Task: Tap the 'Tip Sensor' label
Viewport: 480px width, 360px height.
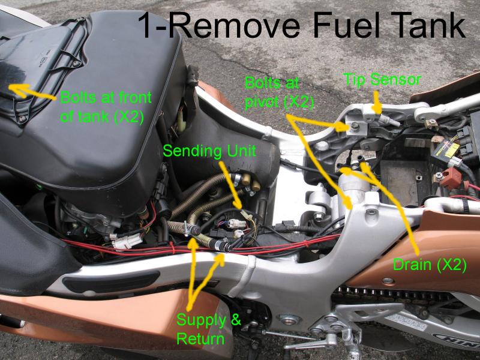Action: [x=382, y=80]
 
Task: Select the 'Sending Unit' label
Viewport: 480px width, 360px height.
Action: [x=209, y=151]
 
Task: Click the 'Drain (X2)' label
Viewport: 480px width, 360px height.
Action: [x=430, y=265]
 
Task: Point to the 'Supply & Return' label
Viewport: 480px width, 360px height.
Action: [x=209, y=329]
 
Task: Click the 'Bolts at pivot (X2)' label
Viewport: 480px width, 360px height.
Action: [x=279, y=93]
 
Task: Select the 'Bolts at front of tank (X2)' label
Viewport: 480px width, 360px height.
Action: [x=106, y=107]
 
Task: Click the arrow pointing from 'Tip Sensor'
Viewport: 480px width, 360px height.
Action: [x=377, y=103]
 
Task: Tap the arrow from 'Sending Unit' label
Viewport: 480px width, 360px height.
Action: [x=232, y=185]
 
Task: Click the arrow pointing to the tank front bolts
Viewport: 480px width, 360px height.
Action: [x=32, y=92]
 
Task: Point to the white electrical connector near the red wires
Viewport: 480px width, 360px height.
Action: [x=126, y=242]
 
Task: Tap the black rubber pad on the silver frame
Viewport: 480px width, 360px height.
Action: [x=111, y=281]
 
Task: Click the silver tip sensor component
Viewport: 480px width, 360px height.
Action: [x=388, y=119]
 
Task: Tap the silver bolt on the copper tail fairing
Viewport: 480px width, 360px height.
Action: [x=388, y=280]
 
